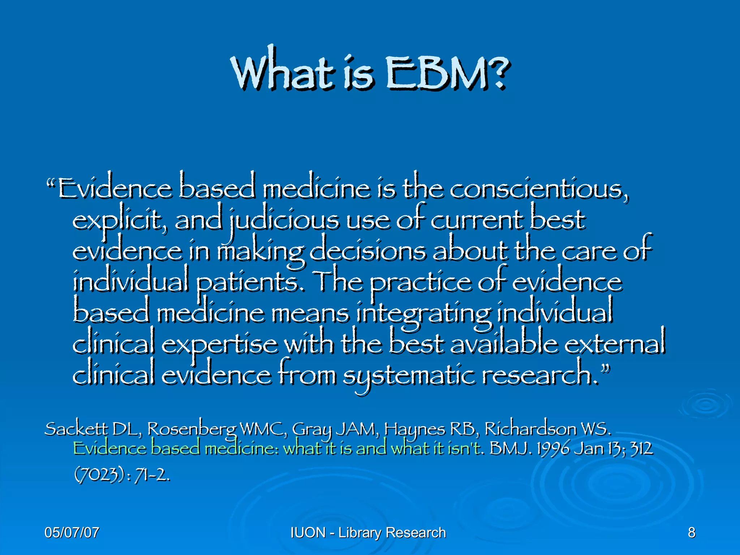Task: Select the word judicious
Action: pyautogui.click(x=284, y=220)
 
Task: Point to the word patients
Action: pyautogui.click(x=250, y=283)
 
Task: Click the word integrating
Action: pyautogui.click(x=423, y=314)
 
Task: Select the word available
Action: pyautogui.click(x=504, y=344)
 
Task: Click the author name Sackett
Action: pyautogui.click(x=76, y=429)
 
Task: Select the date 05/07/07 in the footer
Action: pyautogui.click(x=72, y=533)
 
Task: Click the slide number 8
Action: pyautogui.click(x=691, y=533)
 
